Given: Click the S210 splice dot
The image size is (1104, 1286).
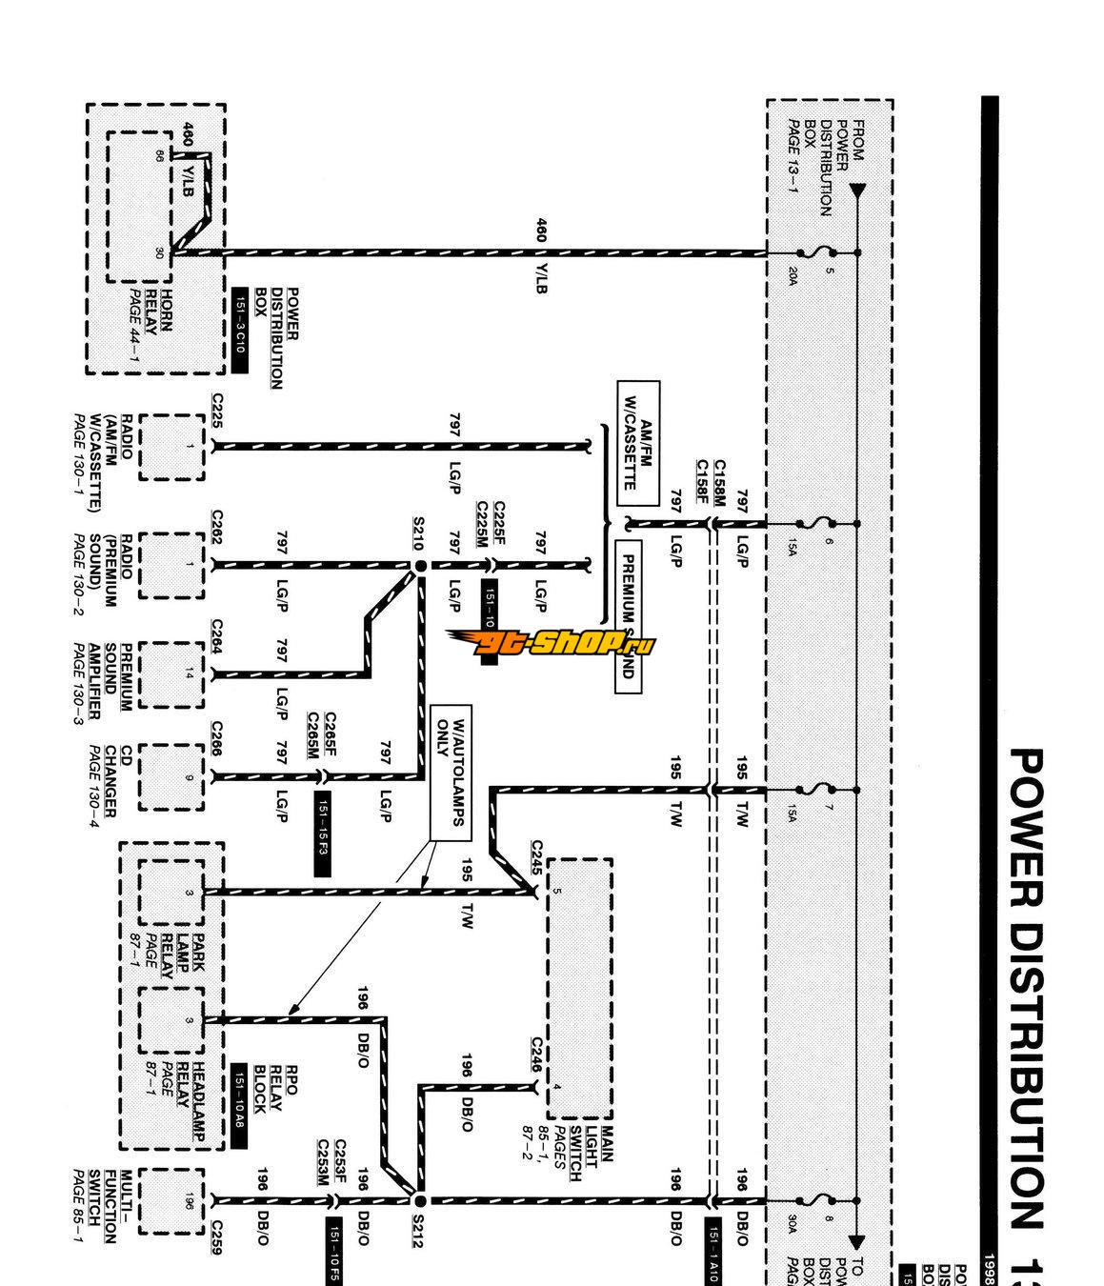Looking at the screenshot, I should (x=420, y=566).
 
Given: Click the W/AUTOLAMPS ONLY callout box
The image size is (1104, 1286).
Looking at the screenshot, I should (x=449, y=773).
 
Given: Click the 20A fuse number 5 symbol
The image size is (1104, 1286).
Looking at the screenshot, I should (x=818, y=252).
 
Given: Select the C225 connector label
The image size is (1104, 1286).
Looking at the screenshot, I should (x=217, y=411).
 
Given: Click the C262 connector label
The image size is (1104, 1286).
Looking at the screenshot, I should (x=217, y=530).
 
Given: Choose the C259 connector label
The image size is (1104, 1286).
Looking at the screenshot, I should (x=216, y=1238).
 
